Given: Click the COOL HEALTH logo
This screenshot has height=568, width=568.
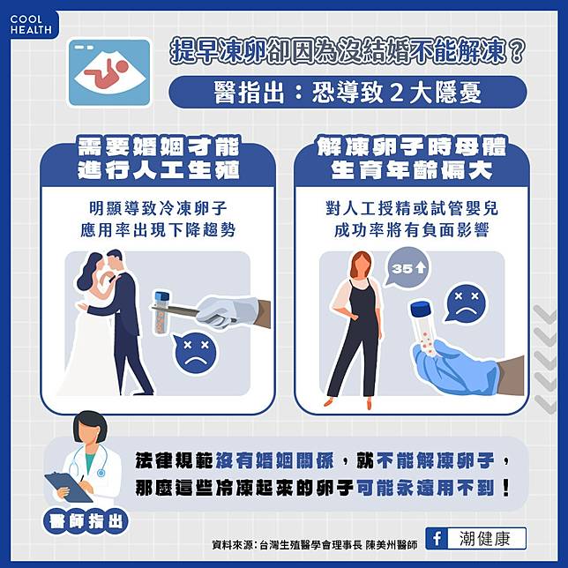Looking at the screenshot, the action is [31, 25].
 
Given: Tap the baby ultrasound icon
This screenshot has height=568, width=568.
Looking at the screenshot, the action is [109, 72].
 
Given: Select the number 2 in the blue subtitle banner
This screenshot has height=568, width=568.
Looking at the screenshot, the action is [397, 93].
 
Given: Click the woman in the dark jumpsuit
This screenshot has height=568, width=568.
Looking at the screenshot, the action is [357, 330].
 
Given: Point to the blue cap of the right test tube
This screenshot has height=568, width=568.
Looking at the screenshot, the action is [422, 309].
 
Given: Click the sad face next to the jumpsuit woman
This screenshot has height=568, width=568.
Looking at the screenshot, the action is [467, 303].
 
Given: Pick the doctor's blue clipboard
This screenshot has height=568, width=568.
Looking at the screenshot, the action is [68, 487].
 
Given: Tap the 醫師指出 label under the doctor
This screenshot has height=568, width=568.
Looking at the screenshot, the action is [86, 522].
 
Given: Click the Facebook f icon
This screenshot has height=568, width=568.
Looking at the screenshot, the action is [437, 538].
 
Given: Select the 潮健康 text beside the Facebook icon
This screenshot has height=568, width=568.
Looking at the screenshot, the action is [485, 539].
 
